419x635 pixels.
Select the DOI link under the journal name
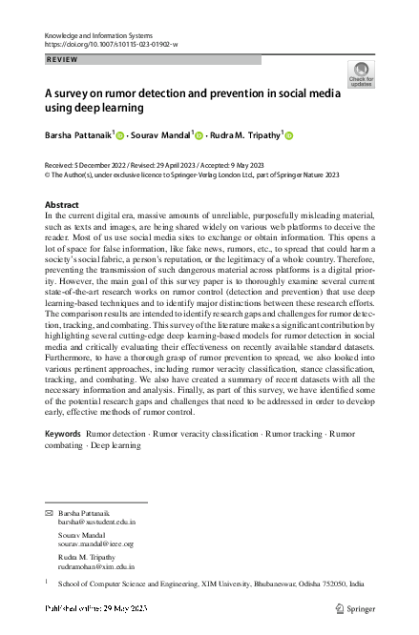pyautogui.click(x=112, y=44)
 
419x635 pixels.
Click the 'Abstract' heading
pyautogui.click(x=63, y=205)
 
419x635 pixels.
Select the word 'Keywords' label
pyautogui.click(x=63, y=460)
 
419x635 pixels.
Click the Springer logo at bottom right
pyautogui.click(x=367, y=608)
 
